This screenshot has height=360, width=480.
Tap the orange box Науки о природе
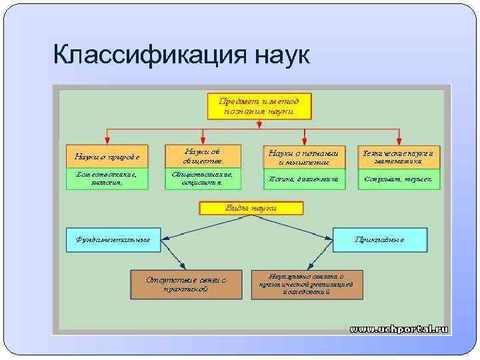(x=107, y=157)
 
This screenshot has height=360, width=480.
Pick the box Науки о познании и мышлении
(x=305, y=157)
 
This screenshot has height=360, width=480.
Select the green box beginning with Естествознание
(x=107, y=179)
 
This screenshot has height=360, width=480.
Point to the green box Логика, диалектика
(x=305, y=179)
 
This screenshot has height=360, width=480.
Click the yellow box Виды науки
(x=251, y=208)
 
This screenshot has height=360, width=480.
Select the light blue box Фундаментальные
(x=113, y=239)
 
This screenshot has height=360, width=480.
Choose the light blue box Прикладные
(x=379, y=239)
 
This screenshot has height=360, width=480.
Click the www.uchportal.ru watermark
(x=399, y=329)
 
